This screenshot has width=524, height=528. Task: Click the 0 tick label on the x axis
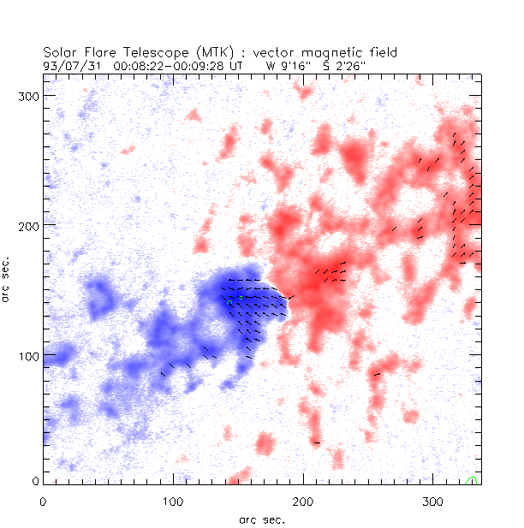pyautogui.click(x=44, y=500)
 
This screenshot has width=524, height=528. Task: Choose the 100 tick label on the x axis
pyautogui.click(x=174, y=500)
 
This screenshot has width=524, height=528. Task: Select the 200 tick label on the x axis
pyautogui.click(x=304, y=500)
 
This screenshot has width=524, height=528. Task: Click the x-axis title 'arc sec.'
pyautogui.click(x=262, y=519)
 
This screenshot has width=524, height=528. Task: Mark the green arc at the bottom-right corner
pyautogui.click(x=471, y=481)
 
